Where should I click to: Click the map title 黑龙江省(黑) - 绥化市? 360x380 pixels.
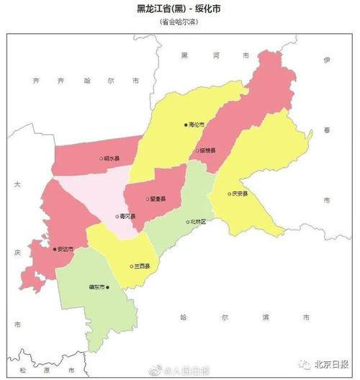click(179, 9)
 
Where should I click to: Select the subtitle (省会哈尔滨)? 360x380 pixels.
click(179, 22)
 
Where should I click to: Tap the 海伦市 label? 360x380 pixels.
click(197, 125)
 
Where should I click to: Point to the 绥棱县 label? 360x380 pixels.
click(207, 150)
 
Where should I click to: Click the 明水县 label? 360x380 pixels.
click(112, 158)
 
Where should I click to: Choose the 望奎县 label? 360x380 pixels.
click(158, 199)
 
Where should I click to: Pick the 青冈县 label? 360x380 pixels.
click(127, 216)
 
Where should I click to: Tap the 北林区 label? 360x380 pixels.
click(198, 222)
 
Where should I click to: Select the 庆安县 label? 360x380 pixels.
click(240, 194)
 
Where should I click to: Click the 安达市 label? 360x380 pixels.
click(65, 249)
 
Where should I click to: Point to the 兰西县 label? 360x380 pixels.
click(142, 266)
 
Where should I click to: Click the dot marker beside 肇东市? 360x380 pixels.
click(107, 287)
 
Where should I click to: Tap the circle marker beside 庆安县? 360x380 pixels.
click(228, 194)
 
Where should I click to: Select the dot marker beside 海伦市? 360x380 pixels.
click(186, 125)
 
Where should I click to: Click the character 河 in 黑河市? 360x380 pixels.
click(214, 55)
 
